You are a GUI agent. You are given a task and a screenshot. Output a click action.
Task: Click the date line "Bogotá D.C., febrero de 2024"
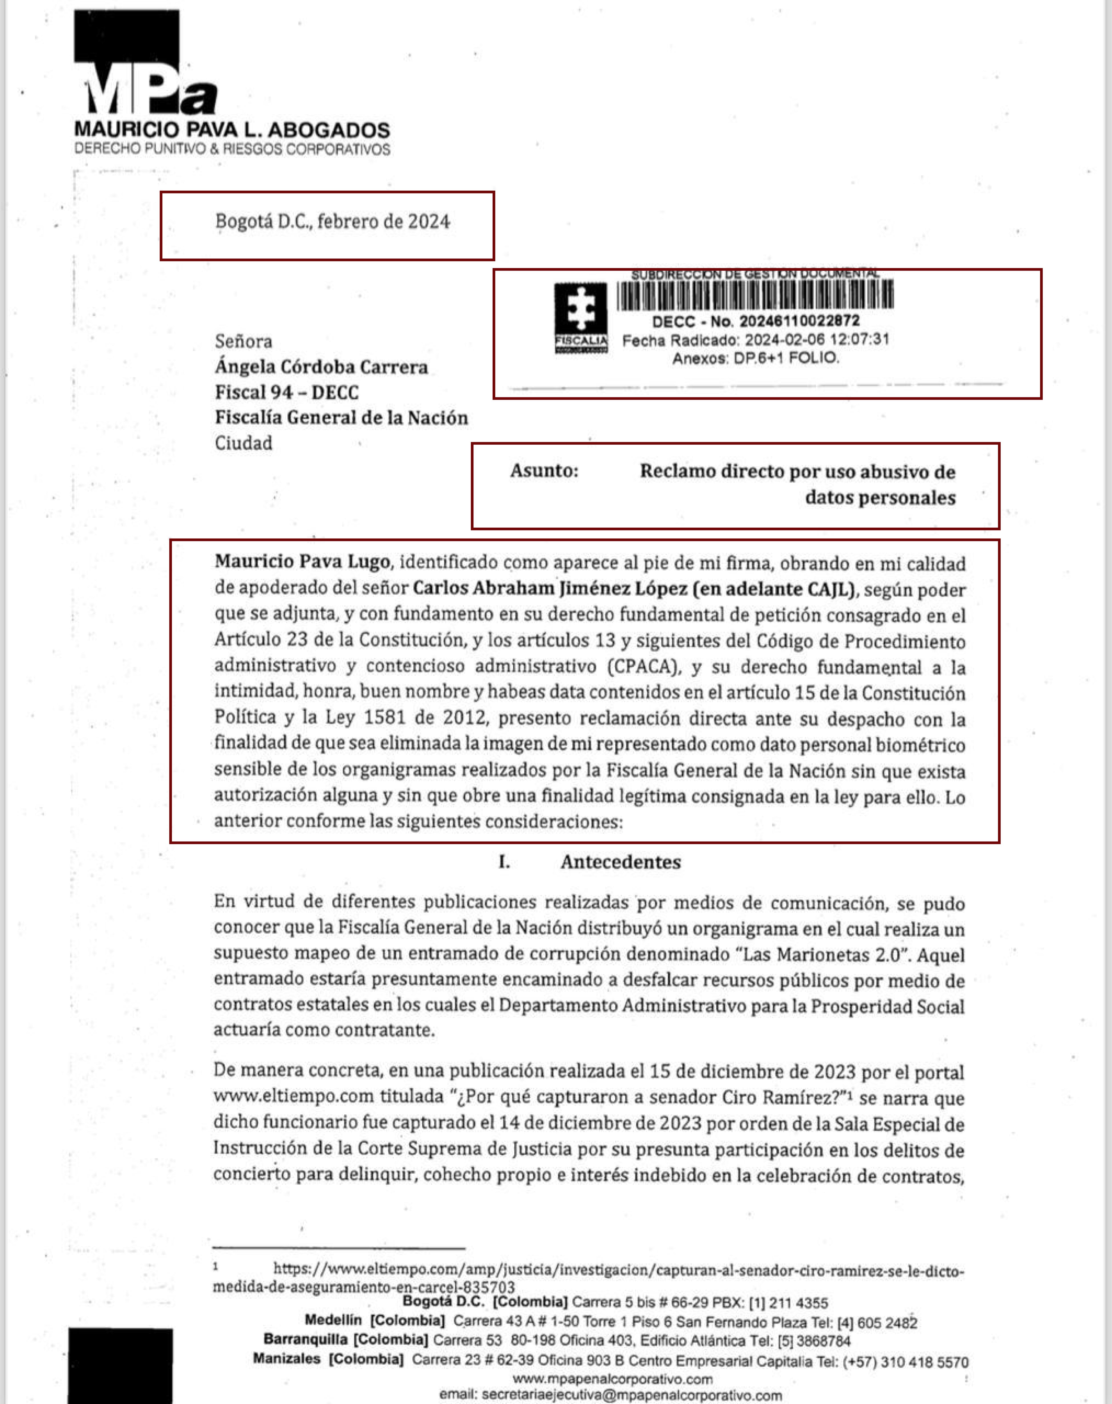[x=332, y=222]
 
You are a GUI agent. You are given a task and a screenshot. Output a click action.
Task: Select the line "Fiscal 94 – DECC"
[x=286, y=393]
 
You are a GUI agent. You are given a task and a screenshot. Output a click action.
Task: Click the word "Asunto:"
[x=544, y=471]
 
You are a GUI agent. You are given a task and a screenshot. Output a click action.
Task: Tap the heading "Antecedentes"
[x=620, y=862]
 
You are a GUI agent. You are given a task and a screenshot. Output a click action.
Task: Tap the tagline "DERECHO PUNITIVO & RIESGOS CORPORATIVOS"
[x=232, y=149]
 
